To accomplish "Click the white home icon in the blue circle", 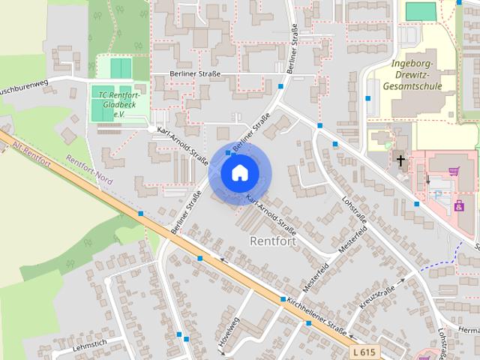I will point(238,173).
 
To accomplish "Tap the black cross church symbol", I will point(400,160).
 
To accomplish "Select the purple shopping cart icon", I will point(454,172).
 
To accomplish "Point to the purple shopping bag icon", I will point(458,205).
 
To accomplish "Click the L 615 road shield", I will point(365,351).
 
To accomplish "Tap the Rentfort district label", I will point(271,241).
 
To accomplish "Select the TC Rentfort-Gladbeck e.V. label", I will point(119,100).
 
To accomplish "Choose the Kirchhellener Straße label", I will point(316,316).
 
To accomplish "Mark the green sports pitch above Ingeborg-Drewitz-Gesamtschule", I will point(420,11).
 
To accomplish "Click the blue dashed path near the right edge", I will point(439,262).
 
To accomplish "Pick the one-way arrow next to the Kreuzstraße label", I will point(402,280).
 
